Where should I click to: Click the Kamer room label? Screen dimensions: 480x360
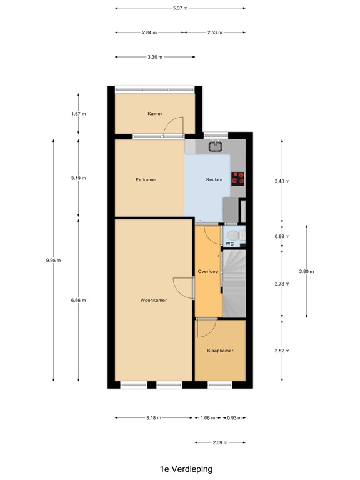coord(155,114)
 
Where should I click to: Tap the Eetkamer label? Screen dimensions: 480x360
coord(146,179)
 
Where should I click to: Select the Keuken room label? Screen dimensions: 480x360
coord(214,179)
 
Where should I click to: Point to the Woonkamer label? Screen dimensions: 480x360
coord(153,301)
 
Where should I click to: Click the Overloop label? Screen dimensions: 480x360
coord(207,272)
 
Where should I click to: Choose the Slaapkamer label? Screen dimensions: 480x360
coord(220,351)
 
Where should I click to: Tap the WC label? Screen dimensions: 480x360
coord(229,244)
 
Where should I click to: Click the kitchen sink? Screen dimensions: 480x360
coord(216,147)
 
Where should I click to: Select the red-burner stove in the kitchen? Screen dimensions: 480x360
coord(237,178)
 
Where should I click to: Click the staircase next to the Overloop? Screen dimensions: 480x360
coord(234,281)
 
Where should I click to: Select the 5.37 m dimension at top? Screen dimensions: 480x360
coord(180,8)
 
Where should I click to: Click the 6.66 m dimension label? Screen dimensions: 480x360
coord(78,300)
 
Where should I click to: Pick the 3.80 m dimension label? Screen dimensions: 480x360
coord(306,271)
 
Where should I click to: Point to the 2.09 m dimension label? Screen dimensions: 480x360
coord(219,442)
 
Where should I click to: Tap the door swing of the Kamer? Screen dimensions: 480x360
coord(172,127)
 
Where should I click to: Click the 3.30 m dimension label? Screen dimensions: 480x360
coord(155,57)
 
